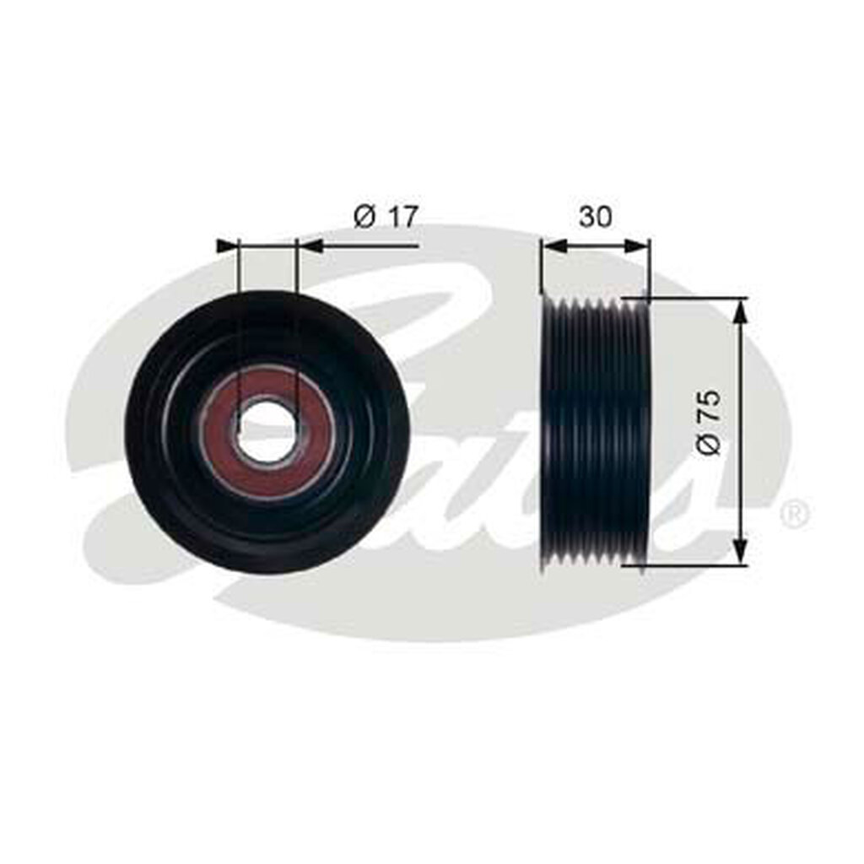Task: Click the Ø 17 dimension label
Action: (386, 217)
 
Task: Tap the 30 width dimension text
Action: (595, 217)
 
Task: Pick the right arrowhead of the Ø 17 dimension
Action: (310, 246)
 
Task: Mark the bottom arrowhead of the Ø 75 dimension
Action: (740, 553)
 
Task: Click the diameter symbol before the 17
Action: (364, 217)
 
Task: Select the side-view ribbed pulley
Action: (595, 430)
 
